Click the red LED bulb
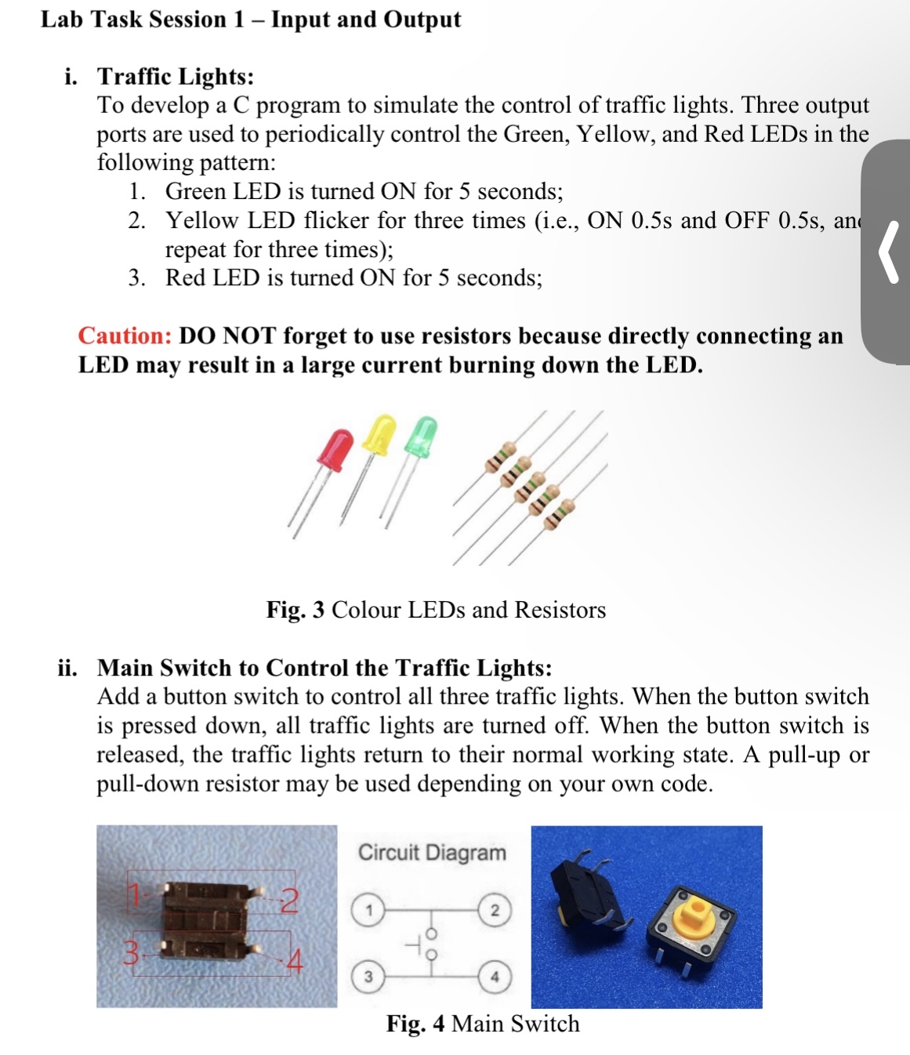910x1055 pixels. coord(336,448)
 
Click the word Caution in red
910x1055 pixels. coord(125,336)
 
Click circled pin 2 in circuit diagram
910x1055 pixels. coord(494,910)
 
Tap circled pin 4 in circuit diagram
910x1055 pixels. coord(494,977)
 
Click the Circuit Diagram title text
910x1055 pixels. coord(432,853)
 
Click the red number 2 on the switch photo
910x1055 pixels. coord(289,901)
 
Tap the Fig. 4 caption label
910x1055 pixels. coord(415,1024)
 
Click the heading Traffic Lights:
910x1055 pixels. coord(176,76)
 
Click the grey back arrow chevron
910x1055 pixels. coord(888,252)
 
